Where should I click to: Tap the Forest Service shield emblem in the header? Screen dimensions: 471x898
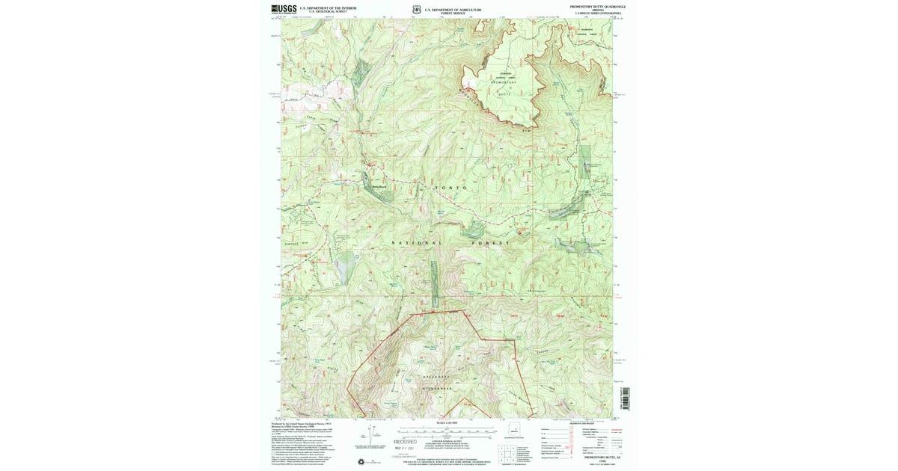(x=415, y=10)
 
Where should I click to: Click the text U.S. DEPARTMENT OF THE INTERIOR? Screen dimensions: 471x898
(x=328, y=7)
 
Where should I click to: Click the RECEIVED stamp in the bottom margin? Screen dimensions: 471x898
(x=405, y=442)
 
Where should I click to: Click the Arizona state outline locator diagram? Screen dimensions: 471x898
(x=515, y=431)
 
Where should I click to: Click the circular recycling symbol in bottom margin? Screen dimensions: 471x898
(x=364, y=461)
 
